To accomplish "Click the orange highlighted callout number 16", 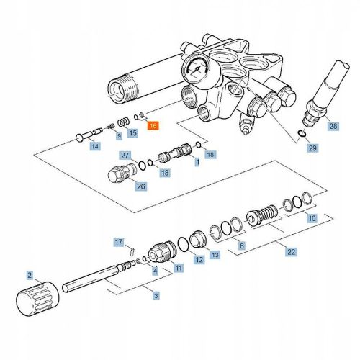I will (152, 125).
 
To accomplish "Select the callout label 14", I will (94, 147).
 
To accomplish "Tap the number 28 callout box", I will (332, 127).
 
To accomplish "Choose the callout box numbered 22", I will (290, 252).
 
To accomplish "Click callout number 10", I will (312, 217).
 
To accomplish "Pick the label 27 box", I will (125, 156).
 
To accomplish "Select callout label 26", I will (141, 187).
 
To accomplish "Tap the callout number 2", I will (30, 275).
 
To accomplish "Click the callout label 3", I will (156, 295).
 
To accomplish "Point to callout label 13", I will (214, 255).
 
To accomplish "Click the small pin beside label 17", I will (132, 250).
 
